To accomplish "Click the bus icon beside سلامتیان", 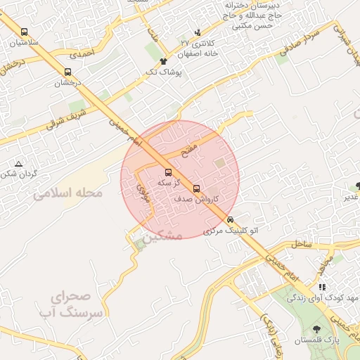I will [25, 32].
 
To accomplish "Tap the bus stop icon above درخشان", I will [67, 72].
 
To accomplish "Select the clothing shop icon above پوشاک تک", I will [164, 62].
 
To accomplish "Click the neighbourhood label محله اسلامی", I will [67, 193].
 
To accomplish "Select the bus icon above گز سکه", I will [167, 172].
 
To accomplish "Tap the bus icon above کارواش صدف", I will [196, 188].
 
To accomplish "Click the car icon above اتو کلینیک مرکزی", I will [231, 219].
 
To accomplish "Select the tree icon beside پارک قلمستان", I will [316, 328].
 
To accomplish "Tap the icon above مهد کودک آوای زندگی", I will [322, 287].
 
